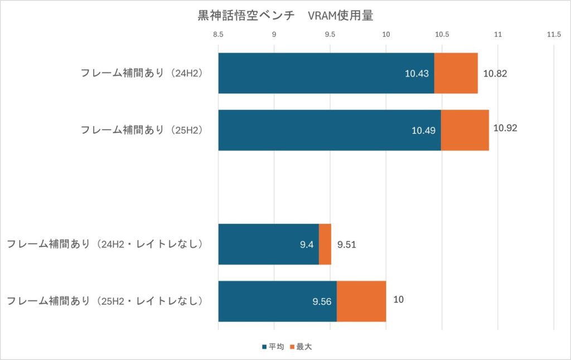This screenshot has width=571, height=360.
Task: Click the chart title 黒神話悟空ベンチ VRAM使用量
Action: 285,16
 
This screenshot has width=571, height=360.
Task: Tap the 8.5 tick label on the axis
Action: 218,35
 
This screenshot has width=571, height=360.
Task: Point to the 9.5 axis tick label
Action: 330,35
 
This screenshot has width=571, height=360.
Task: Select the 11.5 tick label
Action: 553,35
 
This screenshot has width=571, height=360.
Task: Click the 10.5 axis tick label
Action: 442,35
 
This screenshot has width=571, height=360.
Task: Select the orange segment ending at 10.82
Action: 456,73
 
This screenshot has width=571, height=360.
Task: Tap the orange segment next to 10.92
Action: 465,130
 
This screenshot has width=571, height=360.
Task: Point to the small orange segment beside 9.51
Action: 325,244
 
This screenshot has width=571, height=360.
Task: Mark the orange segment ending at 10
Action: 361,301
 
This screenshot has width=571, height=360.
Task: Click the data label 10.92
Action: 505,128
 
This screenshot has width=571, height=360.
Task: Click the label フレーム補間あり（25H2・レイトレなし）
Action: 104,301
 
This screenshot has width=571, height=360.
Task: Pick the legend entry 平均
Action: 273,347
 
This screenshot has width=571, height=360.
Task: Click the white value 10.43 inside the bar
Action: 417,74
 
